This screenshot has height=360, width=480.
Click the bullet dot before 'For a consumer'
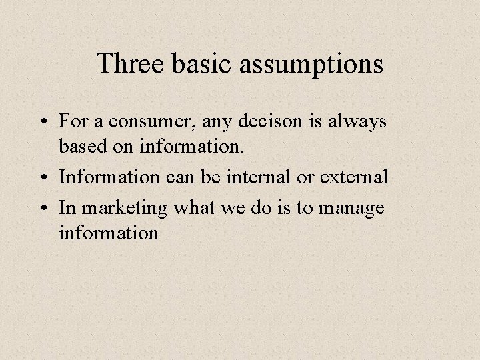(45, 122)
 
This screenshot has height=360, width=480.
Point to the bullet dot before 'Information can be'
(45, 179)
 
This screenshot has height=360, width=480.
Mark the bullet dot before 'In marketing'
(45, 207)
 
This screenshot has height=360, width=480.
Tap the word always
(360, 122)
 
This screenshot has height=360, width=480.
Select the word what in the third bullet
(193, 207)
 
